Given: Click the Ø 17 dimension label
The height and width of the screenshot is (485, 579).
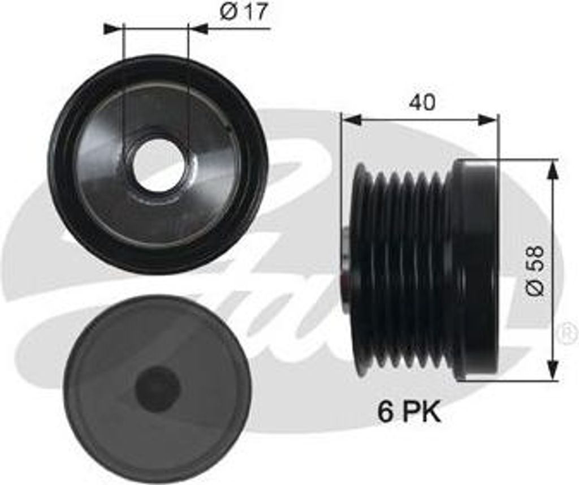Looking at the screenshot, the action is (x=243, y=13).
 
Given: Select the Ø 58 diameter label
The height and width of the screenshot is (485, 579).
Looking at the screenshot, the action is (x=535, y=270).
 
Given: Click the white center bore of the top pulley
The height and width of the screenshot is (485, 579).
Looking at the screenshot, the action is (x=155, y=168).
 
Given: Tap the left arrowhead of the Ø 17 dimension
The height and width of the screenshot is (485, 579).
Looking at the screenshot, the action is (x=113, y=28).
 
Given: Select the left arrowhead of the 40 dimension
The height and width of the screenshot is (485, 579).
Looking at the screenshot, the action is (x=351, y=120).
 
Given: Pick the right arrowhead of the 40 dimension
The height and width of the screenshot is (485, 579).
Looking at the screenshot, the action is (x=488, y=120).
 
